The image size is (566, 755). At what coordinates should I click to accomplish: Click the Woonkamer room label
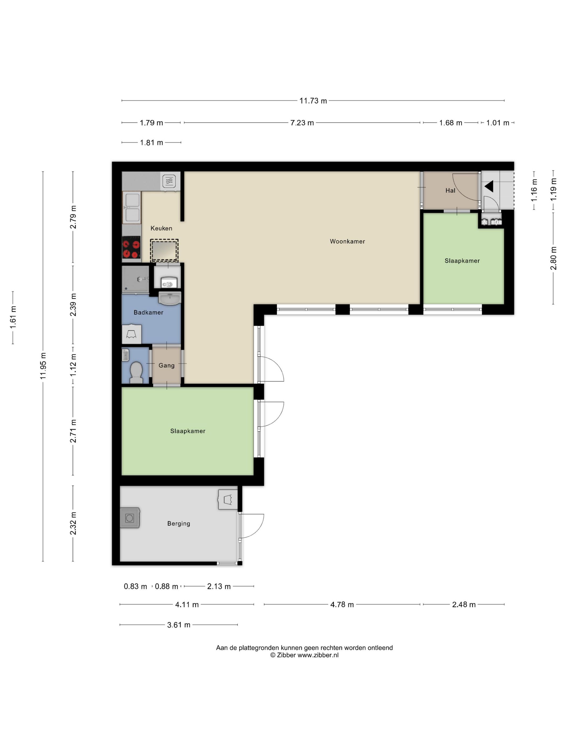pos(347,241)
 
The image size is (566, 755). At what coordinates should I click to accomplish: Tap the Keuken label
pos(161,228)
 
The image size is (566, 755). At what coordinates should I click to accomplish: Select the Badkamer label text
pos(149,312)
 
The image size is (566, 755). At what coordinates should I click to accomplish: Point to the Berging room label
pos(179,523)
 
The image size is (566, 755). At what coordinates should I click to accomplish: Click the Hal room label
pos(450,190)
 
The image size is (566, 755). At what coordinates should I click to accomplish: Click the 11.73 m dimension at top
pos(313,101)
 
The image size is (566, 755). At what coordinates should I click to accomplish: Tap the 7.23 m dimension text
pos(302,122)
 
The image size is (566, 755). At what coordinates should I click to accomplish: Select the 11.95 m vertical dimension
pos(43,366)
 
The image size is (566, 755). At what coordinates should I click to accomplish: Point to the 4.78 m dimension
pos(342,605)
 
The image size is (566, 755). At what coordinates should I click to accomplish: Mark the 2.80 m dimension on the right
pos(553,258)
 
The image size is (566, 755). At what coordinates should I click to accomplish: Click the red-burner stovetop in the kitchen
pos(131,249)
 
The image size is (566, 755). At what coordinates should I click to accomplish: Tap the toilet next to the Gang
pos(136,372)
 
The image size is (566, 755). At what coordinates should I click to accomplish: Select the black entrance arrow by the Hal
pos(489,187)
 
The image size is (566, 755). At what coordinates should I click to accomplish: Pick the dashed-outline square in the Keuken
pos(164,250)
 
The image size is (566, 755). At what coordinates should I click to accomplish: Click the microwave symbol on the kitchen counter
pos(169,181)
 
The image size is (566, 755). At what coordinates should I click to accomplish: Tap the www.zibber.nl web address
pos(318,655)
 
